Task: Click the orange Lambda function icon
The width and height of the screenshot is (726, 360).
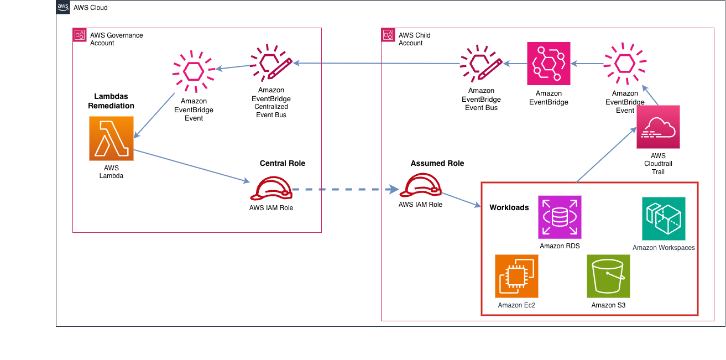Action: (111, 138)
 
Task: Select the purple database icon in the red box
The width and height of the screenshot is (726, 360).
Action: (560, 217)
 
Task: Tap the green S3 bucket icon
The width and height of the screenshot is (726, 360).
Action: (608, 276)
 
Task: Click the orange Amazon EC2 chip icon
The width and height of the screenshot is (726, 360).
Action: (516, 276)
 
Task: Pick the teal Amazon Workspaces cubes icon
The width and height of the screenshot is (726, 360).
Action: (664, 218)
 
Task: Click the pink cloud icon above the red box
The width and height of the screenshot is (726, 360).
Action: (658, 127)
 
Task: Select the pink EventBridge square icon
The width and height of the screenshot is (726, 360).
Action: (549, 64)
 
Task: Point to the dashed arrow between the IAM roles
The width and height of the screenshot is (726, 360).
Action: (346, 189)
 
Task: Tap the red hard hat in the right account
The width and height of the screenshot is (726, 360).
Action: (420, 185)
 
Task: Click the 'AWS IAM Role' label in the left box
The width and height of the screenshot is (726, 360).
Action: (271, 208)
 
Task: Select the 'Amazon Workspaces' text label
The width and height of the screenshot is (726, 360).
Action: (664, 247)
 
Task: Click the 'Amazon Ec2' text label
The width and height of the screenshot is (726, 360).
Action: (516, 305)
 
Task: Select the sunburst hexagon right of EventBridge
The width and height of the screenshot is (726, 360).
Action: (625, 63)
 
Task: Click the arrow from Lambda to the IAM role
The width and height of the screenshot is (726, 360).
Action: (191, 165)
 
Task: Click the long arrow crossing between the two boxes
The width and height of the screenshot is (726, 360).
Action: (376, 64)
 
